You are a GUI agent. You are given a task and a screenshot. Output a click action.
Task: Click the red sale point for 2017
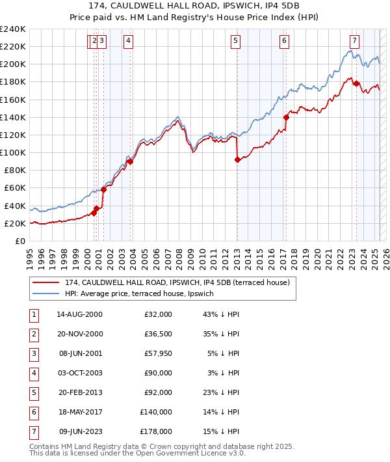pyautogui.click(x=286, y=118)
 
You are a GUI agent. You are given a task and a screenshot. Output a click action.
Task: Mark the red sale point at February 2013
pyautogui.click(x=237, y=159)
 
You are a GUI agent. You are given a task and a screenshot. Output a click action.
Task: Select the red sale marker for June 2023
pyautogui.click(x=356, y=83)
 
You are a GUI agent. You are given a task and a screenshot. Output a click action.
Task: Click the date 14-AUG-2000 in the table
pyautogui.click(x=79, y=315)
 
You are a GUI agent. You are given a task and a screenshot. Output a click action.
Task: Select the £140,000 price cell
pyautogui.click(x=155, y=411)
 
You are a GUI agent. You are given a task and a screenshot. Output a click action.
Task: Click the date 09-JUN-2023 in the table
pyautogui.click(x=79, y=431)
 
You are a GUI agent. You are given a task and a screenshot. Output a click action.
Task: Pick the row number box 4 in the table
pyautogui.click(x=33, y=374)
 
